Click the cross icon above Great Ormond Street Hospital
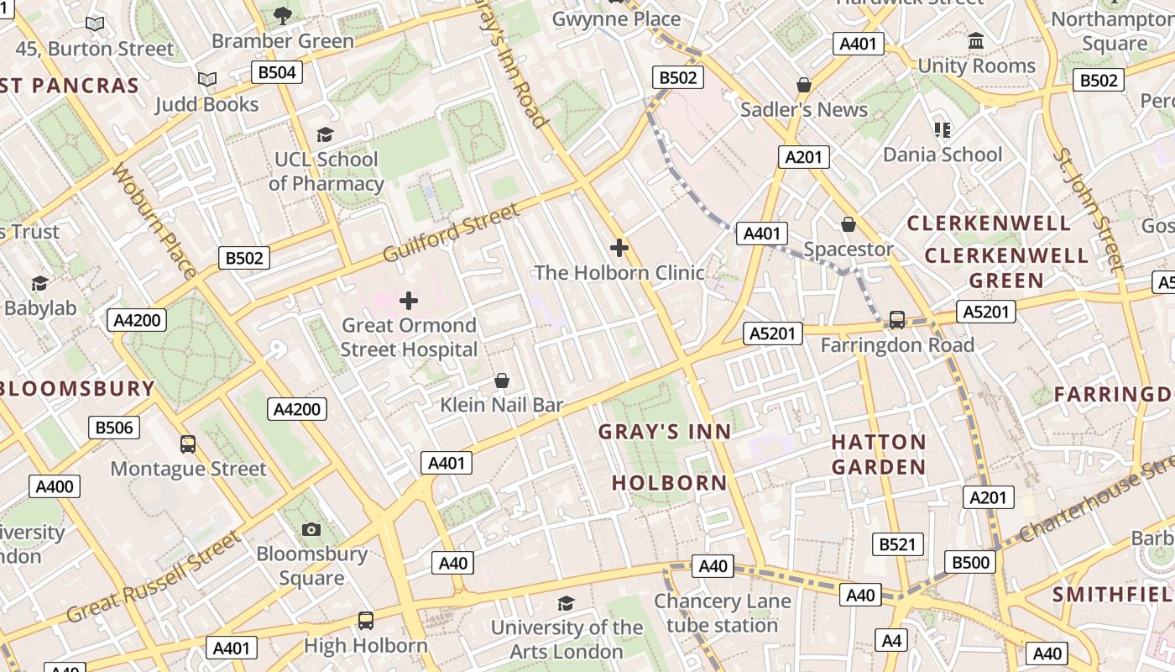point(409,301)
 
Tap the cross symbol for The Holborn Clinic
point(619,248)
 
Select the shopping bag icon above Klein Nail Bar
point(502,381)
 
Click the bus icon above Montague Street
point(188,444)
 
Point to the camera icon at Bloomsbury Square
point(311,529)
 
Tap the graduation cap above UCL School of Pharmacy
point(325,134)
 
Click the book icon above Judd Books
point(207,80)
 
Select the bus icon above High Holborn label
point(365,621)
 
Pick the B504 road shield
point(277,72)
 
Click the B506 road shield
point(114,428)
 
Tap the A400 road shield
point(55,486)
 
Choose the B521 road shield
point(897,544)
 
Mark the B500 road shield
point(970,562)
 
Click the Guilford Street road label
point(451,233)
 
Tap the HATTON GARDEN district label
point(879,454)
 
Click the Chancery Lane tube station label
point(722,613)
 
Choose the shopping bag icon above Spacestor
point(849,224)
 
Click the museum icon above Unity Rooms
point(976,41)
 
